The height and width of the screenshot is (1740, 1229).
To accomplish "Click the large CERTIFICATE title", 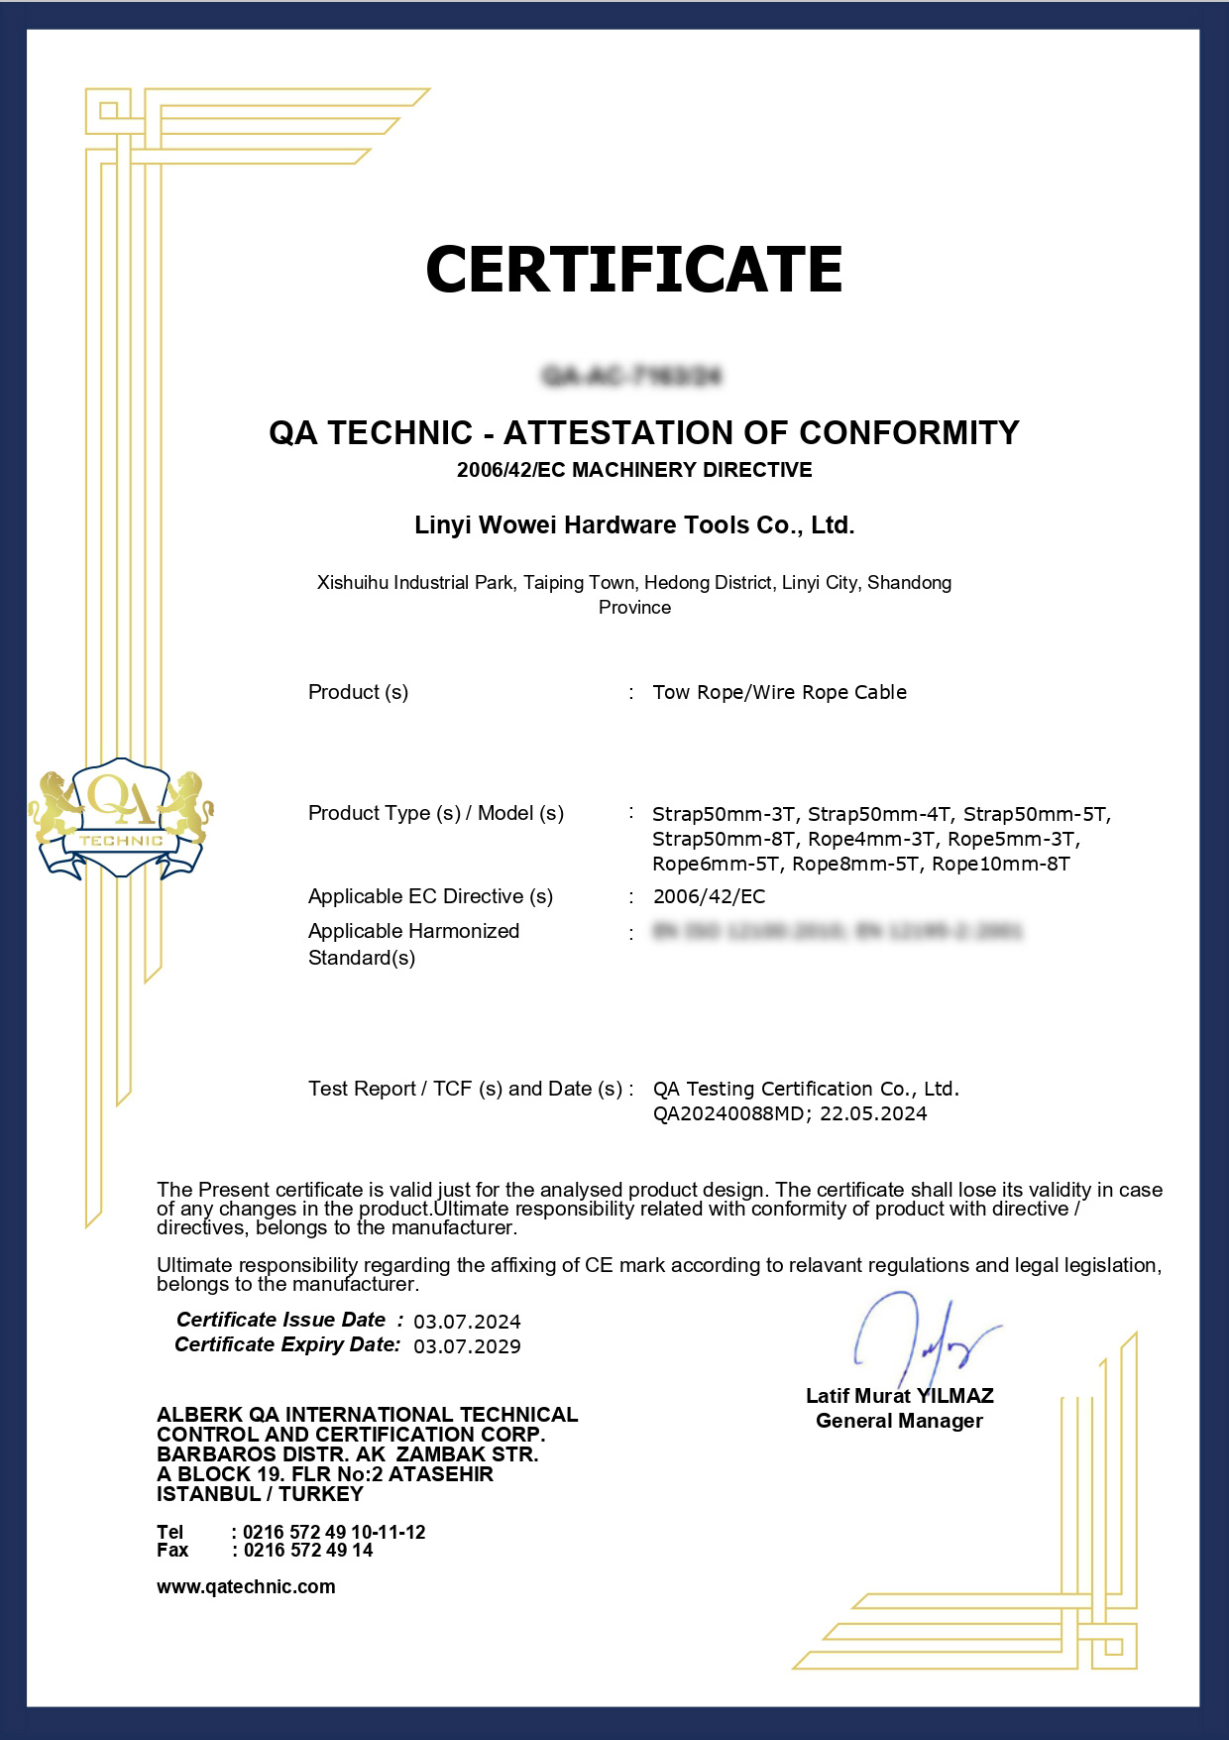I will (633, 269).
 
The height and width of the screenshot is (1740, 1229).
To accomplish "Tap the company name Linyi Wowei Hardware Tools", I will (633, 525).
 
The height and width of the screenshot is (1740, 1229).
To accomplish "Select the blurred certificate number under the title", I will (632, 376).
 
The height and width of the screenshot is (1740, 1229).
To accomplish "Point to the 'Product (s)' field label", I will (358, 692).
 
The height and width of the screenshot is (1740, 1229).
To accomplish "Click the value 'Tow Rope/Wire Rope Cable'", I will (779, 692).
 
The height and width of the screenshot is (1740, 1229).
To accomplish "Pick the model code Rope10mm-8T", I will (1001, 864).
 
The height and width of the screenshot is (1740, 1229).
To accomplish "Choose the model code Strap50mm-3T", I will (724, 815).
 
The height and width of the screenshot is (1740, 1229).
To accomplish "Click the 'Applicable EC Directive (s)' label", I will (430, 896).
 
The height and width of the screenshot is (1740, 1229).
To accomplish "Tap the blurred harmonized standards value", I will (838, 931).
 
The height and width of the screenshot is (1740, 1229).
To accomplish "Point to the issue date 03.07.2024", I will (467, 1322).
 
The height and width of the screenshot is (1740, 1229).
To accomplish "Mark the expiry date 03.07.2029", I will (467, 1346).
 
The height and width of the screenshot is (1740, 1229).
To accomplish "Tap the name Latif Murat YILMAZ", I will (899, 1396).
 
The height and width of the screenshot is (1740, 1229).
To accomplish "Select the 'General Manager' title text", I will (899, 1421).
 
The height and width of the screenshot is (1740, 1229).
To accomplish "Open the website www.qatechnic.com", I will (246, 1586).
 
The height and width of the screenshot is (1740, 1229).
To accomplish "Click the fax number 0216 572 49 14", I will (307, 1550).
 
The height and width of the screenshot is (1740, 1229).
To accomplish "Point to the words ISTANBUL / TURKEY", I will (260, 1493).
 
